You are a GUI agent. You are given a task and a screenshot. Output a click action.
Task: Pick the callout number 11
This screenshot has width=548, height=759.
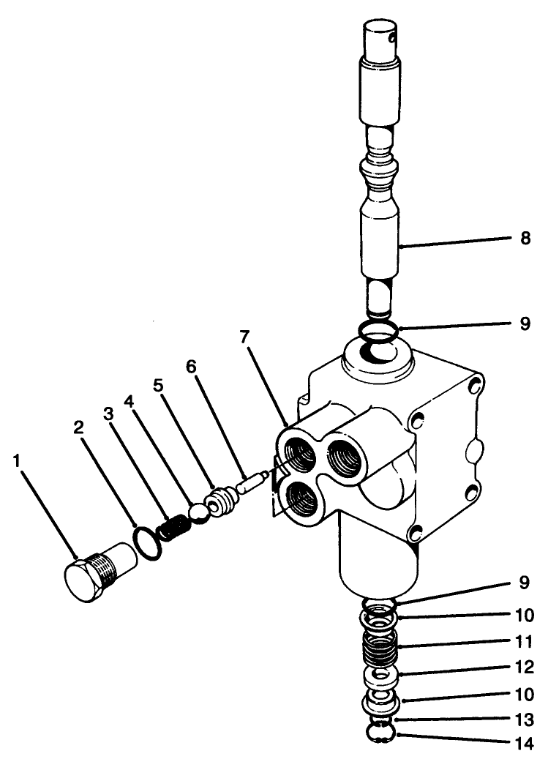click(x=524, y=643)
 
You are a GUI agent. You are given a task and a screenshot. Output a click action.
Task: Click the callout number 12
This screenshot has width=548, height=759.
click(x=524, y=668)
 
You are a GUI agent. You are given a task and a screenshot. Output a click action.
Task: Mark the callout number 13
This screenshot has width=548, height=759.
click(x=524, y=719)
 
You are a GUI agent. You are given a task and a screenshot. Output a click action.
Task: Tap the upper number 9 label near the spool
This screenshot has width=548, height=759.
click(x=524, y=323)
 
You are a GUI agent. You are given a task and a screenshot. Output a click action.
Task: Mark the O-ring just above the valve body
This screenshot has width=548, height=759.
click(x=378, y=331)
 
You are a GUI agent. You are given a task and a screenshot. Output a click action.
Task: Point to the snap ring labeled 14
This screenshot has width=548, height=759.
click(x=379, y=733)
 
